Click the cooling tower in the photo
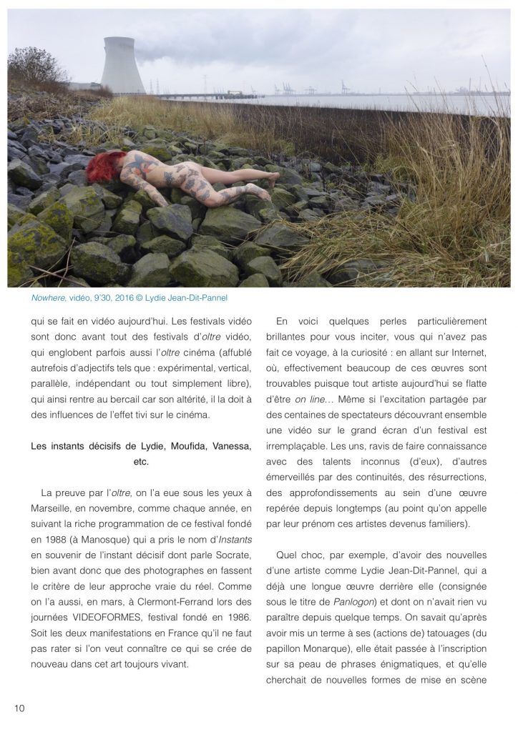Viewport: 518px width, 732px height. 123,66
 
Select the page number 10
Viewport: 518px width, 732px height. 19,708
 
